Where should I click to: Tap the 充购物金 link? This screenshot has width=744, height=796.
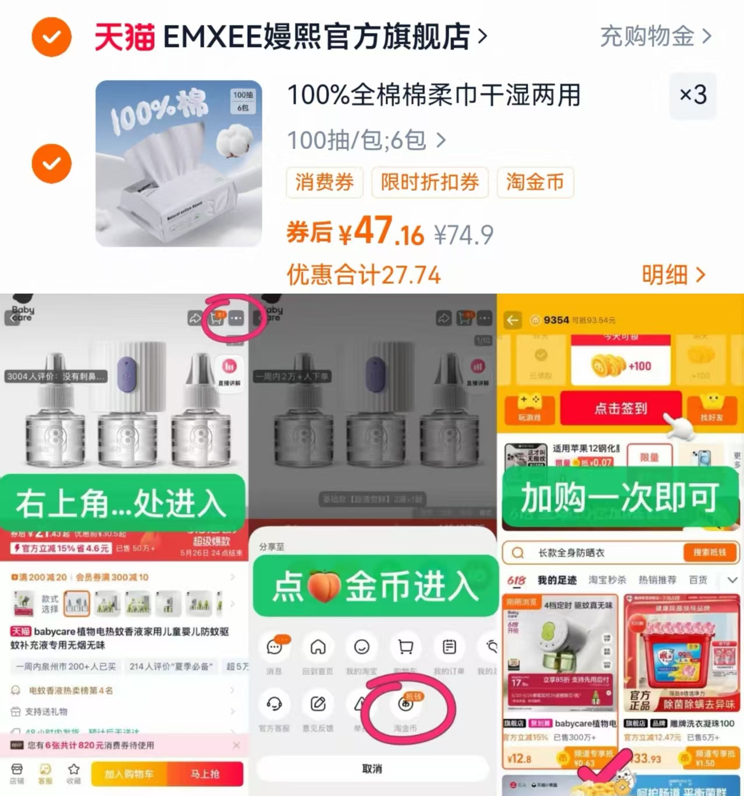coord(655,37)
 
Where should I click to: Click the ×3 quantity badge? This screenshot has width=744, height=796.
coord(693,95)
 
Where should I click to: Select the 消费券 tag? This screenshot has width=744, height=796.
coord(324,183)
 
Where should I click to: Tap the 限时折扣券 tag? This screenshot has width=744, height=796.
coord(429,183)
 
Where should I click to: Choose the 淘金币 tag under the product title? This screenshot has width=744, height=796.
coord(535,183)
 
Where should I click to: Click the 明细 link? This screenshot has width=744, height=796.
coord(673,274)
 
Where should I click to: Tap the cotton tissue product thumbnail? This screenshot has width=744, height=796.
coord(179,163)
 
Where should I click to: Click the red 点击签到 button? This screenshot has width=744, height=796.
coord(620,408)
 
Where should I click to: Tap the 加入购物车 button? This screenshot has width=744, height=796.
coord(129,774)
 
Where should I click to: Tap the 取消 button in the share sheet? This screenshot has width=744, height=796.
coord(372,769)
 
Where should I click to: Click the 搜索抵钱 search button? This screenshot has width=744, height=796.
coord(709,552)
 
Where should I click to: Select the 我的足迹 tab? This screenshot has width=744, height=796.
coord(557,580)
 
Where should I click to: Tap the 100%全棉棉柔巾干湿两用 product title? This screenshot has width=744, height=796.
coord(434,95)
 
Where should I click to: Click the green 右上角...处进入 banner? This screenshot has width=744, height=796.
coord(122,503)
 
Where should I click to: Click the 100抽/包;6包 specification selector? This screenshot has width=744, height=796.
coord(366,140)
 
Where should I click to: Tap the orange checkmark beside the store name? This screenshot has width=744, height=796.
coord(51,37)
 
